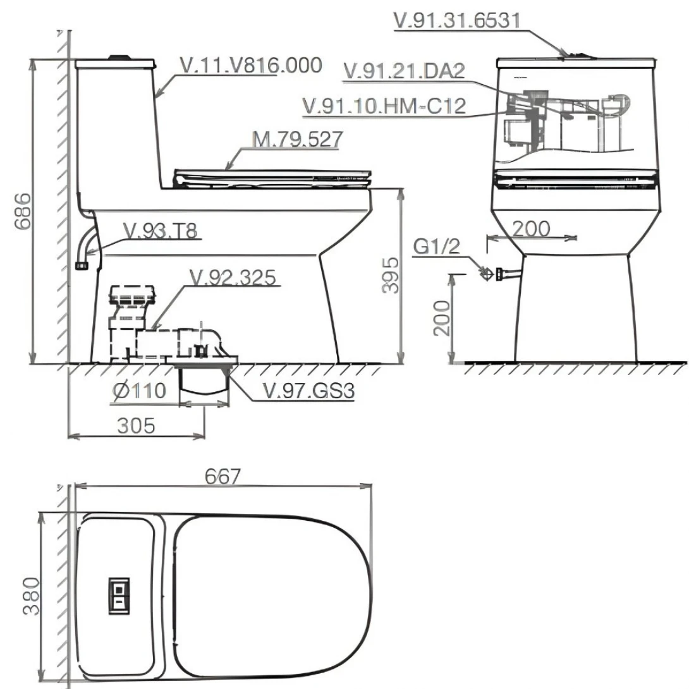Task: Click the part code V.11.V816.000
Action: click(251, 65)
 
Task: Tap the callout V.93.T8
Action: click(161, 231)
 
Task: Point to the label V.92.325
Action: click(234, 277)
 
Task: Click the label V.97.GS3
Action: click(308, 392)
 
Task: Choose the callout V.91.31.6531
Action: click(457, 20)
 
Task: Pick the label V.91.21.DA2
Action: click(405, 70)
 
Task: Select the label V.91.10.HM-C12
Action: click(384, 106)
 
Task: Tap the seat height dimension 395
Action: click(393, 275)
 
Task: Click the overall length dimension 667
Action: click(223, 477)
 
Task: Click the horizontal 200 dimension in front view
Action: click(531, 228)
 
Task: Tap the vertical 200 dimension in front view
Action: click(442, 318)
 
